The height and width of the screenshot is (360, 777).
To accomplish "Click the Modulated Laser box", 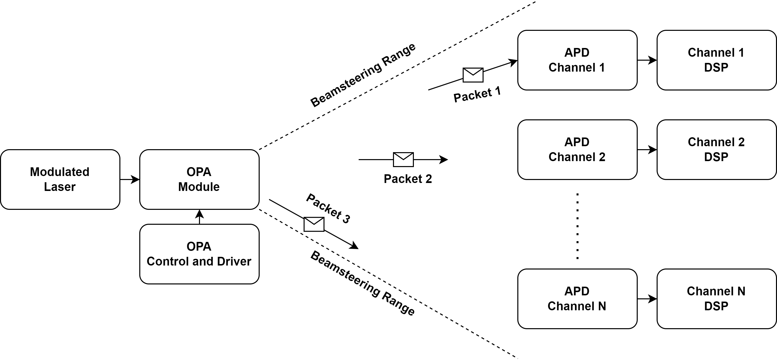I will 60,180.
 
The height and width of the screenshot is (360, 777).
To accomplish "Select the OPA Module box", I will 199,180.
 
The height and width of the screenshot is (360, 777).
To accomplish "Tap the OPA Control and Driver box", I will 199,254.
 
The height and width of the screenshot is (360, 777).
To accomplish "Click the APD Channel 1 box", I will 577,60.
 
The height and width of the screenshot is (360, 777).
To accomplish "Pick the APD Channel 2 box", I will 577,150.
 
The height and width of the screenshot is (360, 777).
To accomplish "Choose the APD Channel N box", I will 577,299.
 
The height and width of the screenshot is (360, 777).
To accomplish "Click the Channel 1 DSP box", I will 716,60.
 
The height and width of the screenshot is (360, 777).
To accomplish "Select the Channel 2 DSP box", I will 716,150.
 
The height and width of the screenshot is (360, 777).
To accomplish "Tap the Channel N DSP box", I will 716,299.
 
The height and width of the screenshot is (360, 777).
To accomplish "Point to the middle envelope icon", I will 403,160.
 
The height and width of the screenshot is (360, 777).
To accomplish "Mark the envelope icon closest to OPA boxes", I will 314,224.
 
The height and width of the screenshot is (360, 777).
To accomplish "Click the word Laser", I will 60,187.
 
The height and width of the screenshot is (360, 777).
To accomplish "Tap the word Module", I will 199,187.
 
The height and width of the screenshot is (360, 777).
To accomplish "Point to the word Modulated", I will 60,172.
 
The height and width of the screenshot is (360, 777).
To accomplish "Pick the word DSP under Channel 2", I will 716,157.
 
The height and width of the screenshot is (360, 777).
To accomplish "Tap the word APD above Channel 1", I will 577,52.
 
